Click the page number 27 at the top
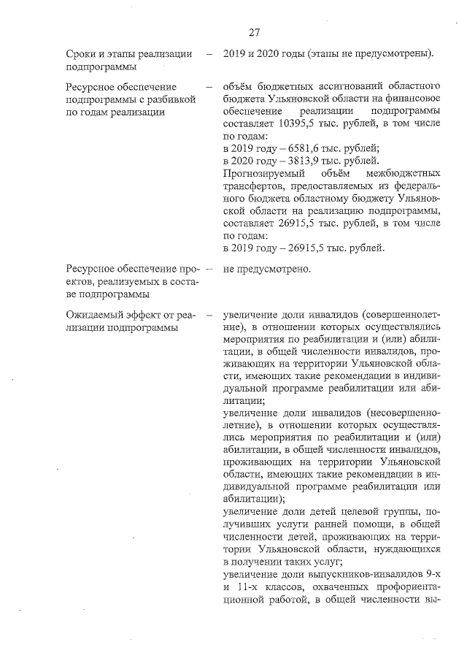[254, 32]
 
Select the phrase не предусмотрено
[267, 269]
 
